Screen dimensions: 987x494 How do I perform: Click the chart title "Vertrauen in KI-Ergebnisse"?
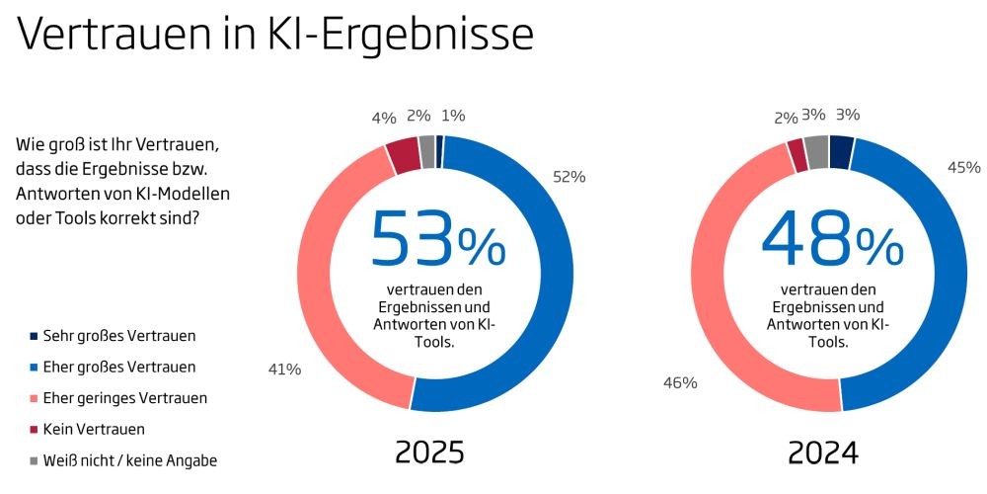275,35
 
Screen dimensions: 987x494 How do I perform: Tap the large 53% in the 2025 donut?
438,239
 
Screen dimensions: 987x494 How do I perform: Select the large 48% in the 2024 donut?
833,239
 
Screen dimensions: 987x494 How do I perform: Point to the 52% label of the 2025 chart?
569,177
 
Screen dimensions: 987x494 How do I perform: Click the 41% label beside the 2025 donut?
284,370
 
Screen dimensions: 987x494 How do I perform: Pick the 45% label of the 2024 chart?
963,168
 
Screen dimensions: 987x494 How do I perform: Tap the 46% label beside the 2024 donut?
680,382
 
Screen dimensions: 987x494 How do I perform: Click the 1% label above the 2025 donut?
453,116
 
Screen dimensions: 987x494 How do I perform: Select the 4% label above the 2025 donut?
384,118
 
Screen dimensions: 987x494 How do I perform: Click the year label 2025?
430,453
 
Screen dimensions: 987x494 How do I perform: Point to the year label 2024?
823,453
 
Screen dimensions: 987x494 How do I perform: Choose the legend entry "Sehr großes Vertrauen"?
113,337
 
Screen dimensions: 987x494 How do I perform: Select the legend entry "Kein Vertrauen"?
87,429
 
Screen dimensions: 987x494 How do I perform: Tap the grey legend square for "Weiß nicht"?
34,460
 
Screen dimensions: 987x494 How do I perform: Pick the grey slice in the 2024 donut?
817,152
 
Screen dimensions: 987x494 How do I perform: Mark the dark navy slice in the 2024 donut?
842,152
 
